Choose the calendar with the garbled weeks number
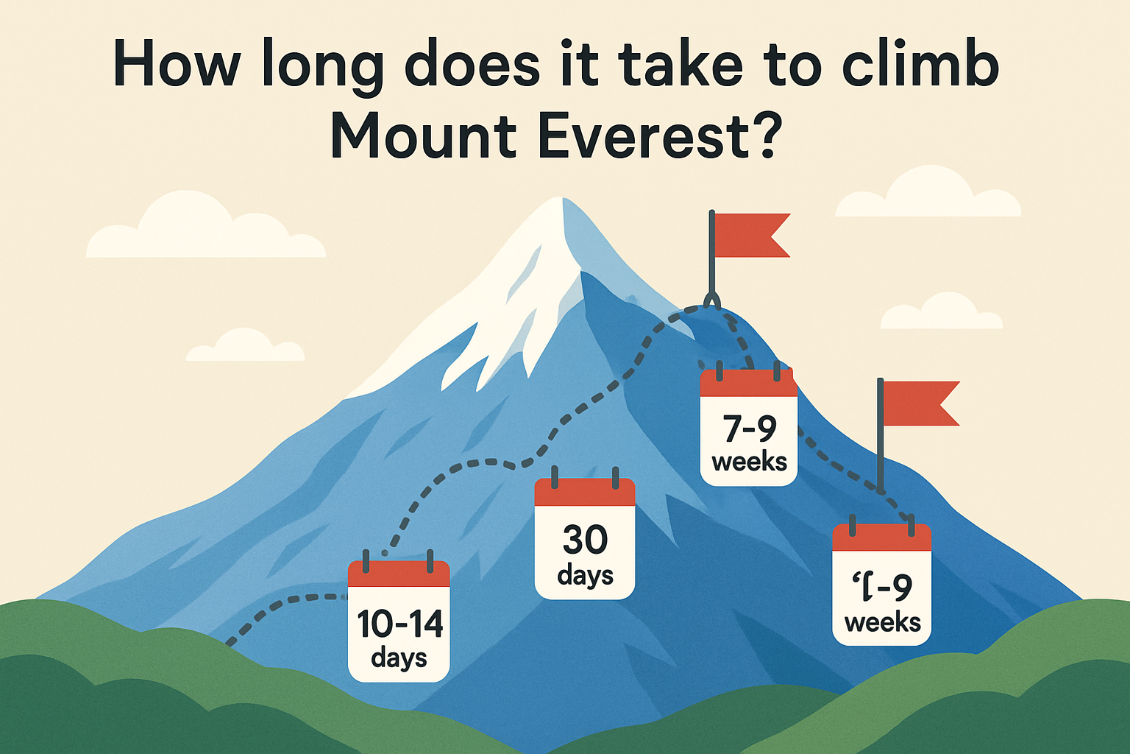tap(881, 585)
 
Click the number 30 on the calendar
tap(585, 540)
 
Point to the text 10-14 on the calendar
tap(399, 624)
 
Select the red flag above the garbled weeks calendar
tap(920, 404)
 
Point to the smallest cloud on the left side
tap(245, 348)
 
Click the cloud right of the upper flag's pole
tap(942, 313)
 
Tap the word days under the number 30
tap(585, 575)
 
